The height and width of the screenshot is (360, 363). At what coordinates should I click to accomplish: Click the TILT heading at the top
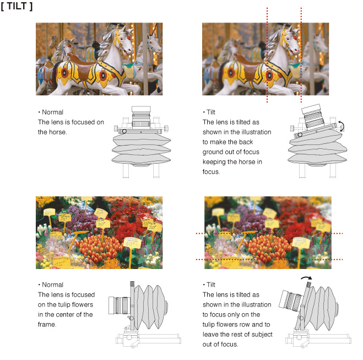coord(17,6)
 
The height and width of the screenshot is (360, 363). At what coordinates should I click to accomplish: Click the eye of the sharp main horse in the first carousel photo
coord(121,39)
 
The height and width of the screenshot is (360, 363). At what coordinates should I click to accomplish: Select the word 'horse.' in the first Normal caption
coord(52,132)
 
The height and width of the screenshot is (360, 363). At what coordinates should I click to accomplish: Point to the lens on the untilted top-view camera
coord(141,117)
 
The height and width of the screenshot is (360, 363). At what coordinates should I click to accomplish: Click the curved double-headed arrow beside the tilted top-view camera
coord(342,126)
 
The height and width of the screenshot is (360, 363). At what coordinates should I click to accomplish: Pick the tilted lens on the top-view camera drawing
coord(312,116)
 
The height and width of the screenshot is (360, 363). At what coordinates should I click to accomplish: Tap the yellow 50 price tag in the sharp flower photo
coord(132,243)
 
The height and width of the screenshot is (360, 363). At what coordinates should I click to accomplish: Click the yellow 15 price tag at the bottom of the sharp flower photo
coord(61,262)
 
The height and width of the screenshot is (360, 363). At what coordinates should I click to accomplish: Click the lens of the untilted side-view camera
coord(119,305)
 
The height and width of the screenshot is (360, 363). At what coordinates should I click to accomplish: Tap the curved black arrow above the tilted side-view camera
coord(306,278)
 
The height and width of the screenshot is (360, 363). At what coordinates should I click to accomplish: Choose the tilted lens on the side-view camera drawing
coord(290,300)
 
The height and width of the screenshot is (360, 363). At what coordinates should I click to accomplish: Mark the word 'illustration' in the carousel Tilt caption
coord(257,132)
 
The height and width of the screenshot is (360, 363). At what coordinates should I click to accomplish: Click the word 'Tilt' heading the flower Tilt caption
coord(211,284)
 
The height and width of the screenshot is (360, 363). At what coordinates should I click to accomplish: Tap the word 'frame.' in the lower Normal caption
coord(47,324)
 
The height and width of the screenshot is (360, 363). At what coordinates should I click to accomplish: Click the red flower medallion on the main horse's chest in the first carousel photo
coord(103,76)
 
